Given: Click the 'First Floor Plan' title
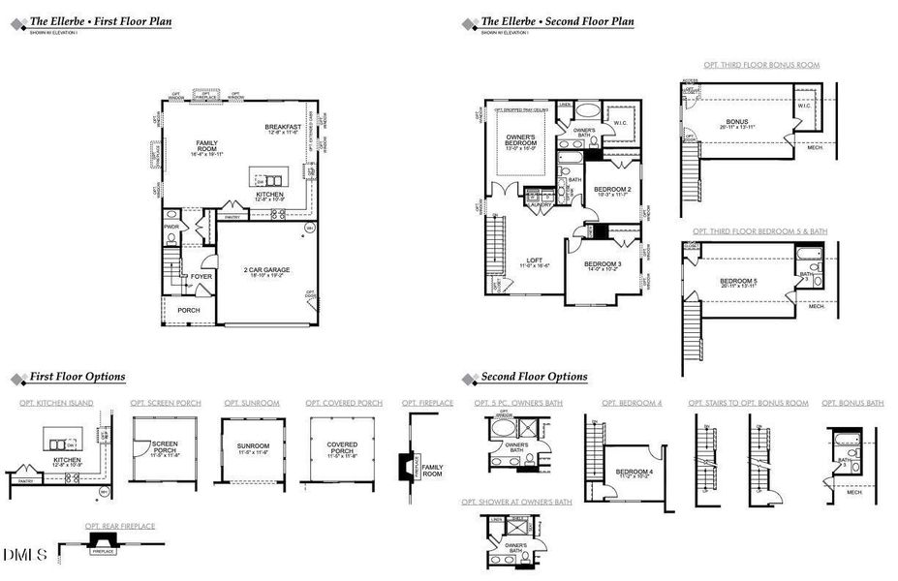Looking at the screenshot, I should coord(101,20).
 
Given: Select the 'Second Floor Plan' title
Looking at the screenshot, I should coord(557,20).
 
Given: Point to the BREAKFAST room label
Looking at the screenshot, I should coord(284,128).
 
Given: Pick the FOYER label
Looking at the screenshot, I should coord(201,276).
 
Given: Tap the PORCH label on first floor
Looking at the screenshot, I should coord(188,310).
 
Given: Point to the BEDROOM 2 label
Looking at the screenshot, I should coord(612,189).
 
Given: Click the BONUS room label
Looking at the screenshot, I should coord(736,122).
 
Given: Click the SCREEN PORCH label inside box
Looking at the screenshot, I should coord(166,446).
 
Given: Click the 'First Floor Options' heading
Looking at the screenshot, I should coord(77,377).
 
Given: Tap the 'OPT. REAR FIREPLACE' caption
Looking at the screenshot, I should coord(118,526).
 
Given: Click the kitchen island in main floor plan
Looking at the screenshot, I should coord(268,179).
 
